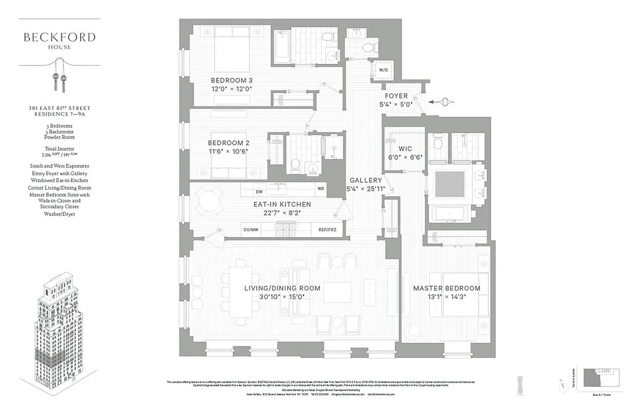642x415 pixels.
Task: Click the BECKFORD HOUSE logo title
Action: (x=59, y=37)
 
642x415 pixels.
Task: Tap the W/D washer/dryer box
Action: (x=383, y=70)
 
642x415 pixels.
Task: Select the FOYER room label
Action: (x=396, y=96)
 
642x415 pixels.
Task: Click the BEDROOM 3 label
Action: (x=231, y=80)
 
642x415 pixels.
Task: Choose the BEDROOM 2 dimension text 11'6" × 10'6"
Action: (x=229, y=151)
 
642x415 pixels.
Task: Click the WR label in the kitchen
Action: (x=320, y=189)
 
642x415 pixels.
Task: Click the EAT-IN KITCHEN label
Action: (x=282, y=204)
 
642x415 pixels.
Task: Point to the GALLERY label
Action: (x=366, y=180)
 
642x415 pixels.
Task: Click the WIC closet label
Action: (x=398, y=148)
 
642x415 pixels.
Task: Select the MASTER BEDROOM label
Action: (x=446, y=288)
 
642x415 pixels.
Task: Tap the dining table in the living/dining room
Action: (x=240, y=287)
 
